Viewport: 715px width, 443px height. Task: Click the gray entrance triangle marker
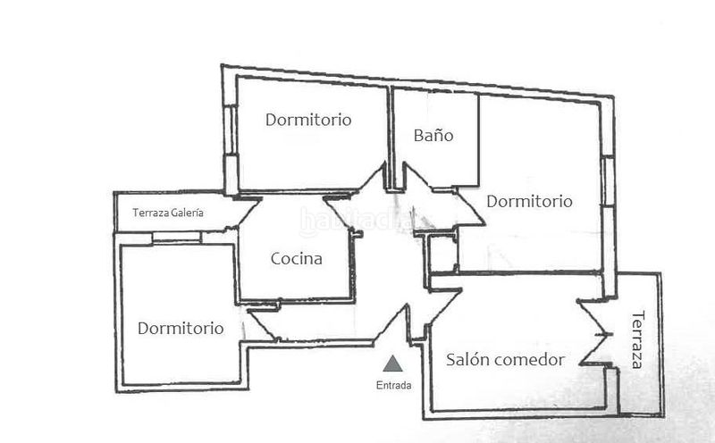[391, 364]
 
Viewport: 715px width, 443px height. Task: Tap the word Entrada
[393, 387]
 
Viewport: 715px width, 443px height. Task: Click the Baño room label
[433, 137]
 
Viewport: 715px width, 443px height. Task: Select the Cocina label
[296, 260]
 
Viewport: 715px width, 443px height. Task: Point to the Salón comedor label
[505, 360]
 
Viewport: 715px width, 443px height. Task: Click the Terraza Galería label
[168, 213]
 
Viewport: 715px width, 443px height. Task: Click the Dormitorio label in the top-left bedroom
[308, 119]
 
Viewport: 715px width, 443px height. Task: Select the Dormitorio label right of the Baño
[529, 202]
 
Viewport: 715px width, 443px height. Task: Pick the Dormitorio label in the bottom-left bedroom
[181, 328]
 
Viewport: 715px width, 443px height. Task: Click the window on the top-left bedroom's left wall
[230, 143]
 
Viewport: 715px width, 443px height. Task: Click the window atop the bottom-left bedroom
[176, 237]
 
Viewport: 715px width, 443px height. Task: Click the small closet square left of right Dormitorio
[442, 255]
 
